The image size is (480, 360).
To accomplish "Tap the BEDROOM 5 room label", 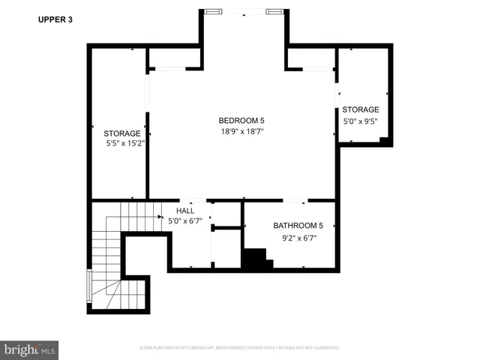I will [x=241, y=121].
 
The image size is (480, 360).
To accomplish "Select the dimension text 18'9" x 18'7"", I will [x=241, y=131].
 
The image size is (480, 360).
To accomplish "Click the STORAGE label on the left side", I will [x=121, y=133].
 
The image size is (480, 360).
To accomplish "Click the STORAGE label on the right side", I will [x=361, y=109].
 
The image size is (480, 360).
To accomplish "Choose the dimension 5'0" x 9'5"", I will [x=361, y=121].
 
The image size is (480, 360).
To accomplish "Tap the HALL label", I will [x=185, y=211].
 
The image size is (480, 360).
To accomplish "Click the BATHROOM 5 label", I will [x=298, y=226].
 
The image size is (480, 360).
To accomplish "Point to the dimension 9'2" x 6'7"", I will [x=298, y=238].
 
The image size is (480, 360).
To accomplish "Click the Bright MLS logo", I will [x=30, y=349].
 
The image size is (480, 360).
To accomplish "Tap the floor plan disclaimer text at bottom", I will [x=240, y=348].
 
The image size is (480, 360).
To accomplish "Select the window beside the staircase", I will [x=89, y=286].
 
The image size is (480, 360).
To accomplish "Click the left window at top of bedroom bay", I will [x=214, y=11].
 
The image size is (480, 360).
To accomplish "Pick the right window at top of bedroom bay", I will [x=275, y=11].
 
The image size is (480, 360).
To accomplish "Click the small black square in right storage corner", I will [x=383, y=140].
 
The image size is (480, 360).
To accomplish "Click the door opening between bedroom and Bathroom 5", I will [x=294, y=201].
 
